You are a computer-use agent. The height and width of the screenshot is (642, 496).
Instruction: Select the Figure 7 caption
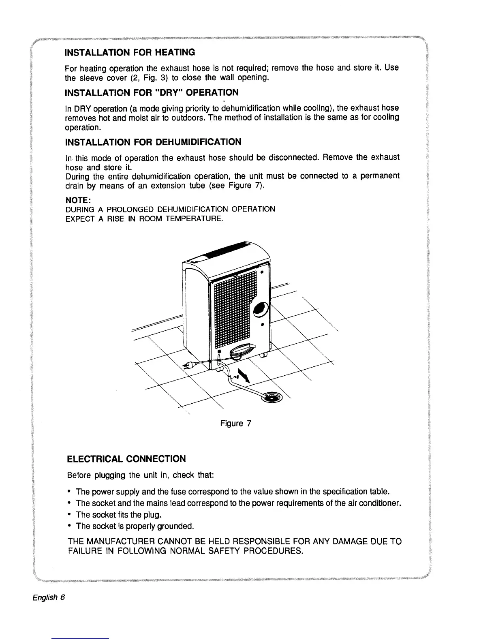point(236,424)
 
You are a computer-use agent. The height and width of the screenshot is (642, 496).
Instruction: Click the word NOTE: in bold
point(78,200)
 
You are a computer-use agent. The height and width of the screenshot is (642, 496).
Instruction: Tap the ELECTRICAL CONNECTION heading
point(126,459)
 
